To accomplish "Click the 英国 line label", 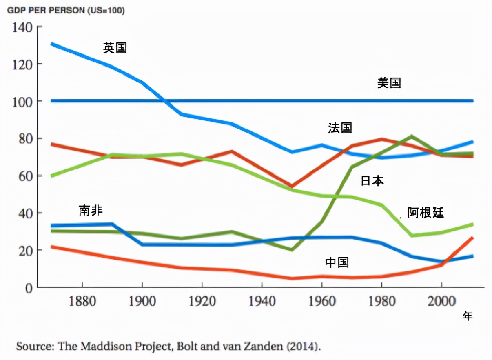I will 115,48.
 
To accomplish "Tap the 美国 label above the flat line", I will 389,83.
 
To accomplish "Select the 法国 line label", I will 340,128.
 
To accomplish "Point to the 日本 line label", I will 372,181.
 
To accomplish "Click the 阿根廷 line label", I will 426,213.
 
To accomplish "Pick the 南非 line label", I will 91,211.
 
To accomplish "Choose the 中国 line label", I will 337,262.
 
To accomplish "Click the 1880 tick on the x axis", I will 82,302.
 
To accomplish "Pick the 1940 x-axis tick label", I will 262,302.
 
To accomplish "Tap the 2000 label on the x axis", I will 441,302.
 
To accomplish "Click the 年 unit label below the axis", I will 468,316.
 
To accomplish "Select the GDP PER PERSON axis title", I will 66,10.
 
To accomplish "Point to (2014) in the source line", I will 303,347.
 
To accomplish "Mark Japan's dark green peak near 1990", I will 411,136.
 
